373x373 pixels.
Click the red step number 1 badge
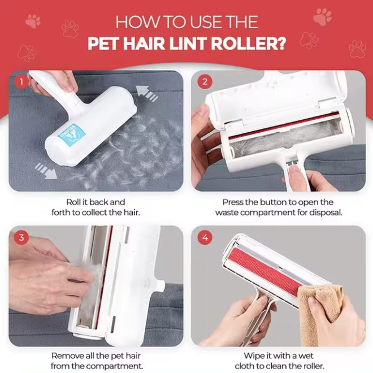(21, 81)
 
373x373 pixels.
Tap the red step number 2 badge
(205, 81)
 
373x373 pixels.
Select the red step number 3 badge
(21, 237)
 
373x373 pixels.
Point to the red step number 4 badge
(205, 237)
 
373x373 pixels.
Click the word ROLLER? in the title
(248, 44)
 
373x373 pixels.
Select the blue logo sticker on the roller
(71, 135)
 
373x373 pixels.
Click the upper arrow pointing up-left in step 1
(147, 94)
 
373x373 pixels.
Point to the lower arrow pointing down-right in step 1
(46, 171)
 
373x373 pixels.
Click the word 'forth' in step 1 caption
(60, 212)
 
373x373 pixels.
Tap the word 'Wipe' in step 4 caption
(253, 355)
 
